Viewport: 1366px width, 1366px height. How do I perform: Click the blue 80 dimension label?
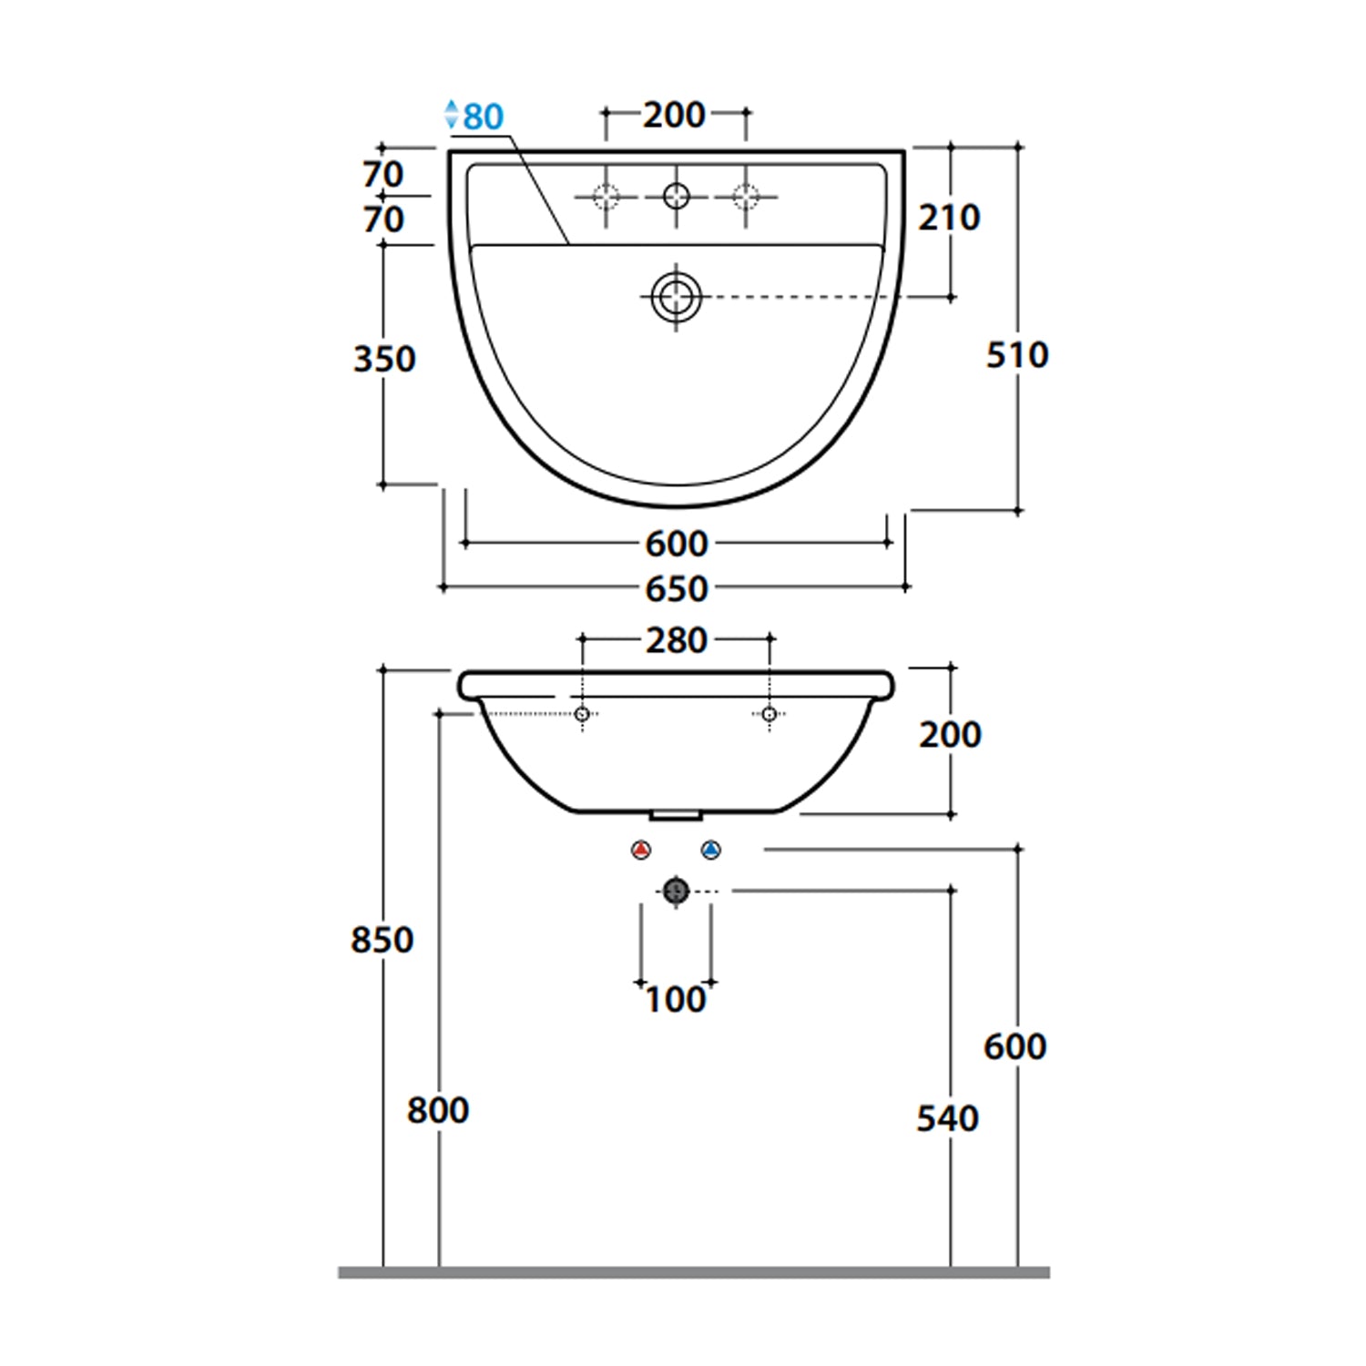tap(484, 117)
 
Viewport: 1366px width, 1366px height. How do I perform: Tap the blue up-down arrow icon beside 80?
tap(452, 114)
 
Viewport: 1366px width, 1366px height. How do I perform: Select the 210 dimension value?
tap(949, 218)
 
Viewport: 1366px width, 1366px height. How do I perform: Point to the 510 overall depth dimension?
tap(1017, 354)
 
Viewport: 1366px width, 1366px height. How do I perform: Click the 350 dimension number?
tap(384, 359)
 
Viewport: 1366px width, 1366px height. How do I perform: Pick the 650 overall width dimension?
tap(676, 589)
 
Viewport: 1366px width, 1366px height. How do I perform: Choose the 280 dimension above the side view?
tap(676, 640)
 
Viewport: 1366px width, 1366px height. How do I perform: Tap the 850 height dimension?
tap(382, 939)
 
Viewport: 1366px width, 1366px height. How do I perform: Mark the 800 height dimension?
tap(438, 1110)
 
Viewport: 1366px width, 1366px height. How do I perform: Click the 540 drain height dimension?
tap(948, 1118)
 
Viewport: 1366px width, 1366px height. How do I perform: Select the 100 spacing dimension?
tap(675, 1000)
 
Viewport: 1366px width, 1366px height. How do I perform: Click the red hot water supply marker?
tap(641, 850)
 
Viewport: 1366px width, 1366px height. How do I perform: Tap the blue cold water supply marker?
tap(711, 850)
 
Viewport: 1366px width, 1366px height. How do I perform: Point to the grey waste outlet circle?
tap(676, 891)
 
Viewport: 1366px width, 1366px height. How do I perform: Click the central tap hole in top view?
tap(677, 196)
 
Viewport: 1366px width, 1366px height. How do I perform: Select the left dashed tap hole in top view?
tap(607, 196)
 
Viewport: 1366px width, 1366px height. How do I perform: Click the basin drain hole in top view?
tap(676, 297)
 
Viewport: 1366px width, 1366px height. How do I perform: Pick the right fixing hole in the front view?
tap(770, 714)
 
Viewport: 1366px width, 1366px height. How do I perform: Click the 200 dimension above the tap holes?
tap(674, 115)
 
